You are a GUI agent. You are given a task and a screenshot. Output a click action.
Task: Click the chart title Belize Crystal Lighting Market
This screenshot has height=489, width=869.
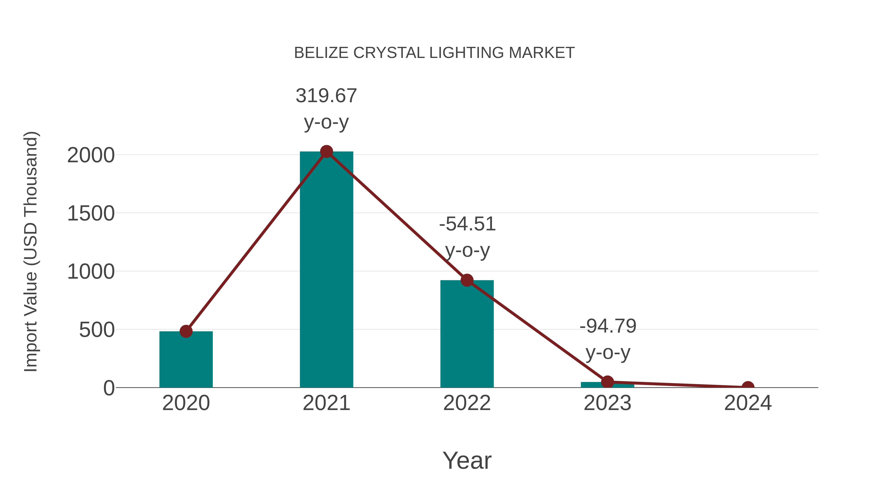tap(434, 53)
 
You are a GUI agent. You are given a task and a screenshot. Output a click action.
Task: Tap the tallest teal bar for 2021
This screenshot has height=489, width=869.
tap(326, 270)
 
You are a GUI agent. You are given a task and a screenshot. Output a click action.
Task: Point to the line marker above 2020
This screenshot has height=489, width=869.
tap(186, 331)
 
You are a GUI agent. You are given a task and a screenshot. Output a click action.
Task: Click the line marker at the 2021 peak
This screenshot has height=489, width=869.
tap(326, 151)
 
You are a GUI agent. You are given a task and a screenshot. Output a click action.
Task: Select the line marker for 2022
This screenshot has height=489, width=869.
tap(467, 280)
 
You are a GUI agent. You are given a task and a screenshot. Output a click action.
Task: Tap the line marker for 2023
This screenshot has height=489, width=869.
tap(607, 382)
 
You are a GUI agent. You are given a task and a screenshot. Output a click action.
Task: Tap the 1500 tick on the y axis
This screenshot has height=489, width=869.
tap(91, 214)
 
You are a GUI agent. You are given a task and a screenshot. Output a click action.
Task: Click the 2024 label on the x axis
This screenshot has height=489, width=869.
tap(748, 403)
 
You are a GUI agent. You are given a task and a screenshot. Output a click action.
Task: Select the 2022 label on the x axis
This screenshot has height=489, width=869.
tap(467, 403)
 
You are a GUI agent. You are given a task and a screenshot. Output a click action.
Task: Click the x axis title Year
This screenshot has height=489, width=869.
tap(467, 461)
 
